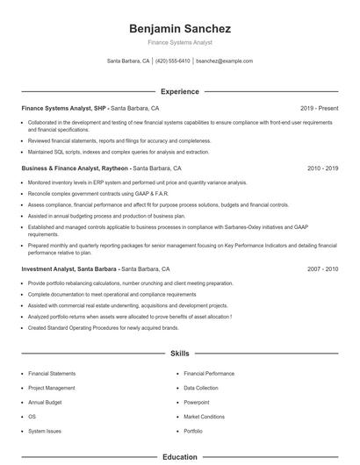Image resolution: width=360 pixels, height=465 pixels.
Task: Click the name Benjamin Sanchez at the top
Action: (x=179, y=28)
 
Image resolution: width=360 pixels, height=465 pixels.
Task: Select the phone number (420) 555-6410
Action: (x=173, y=61)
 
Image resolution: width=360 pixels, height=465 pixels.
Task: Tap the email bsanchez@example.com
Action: (x=225, y=61)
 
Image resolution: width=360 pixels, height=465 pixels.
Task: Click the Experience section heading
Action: (x=180, y=91)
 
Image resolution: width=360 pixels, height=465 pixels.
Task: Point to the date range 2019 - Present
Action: (x=319, y=108)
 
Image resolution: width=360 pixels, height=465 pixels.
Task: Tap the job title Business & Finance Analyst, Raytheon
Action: (x=76, y=168)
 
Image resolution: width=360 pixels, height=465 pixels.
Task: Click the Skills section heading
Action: (x=180, y=354)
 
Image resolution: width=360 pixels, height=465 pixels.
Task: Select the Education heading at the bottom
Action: (x=180, y=456)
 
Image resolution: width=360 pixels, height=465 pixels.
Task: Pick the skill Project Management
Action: (x=52, y=387)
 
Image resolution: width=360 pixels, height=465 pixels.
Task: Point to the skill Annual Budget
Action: (x=47, y=402)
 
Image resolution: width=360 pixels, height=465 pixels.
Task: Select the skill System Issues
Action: (x=46, y=432)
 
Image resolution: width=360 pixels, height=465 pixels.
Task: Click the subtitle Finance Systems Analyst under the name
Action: (x=179, y=42)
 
